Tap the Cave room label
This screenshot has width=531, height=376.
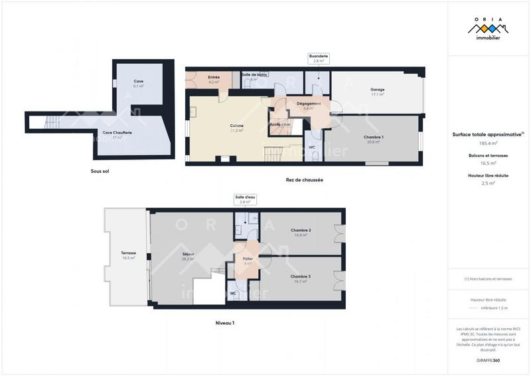click(139, 83)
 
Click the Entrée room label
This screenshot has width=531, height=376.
click(214, 79)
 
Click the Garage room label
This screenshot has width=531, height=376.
click(378, 92)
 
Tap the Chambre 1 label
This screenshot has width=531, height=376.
click(374, 139)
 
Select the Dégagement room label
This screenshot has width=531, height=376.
click(309, 105)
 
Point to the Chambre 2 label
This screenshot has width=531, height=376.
click(301, 232)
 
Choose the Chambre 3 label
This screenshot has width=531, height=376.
click(301, 278)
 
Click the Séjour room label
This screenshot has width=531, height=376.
click(188, 256)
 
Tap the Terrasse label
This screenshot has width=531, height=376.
click(129, 255)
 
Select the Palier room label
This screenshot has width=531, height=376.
click(248, 260)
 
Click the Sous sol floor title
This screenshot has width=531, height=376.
click(100, 171)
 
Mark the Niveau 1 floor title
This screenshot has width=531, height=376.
click(225, 323)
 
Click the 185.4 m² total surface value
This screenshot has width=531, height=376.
click(488, 143)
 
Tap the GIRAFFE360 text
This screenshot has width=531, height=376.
click(488, 359)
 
